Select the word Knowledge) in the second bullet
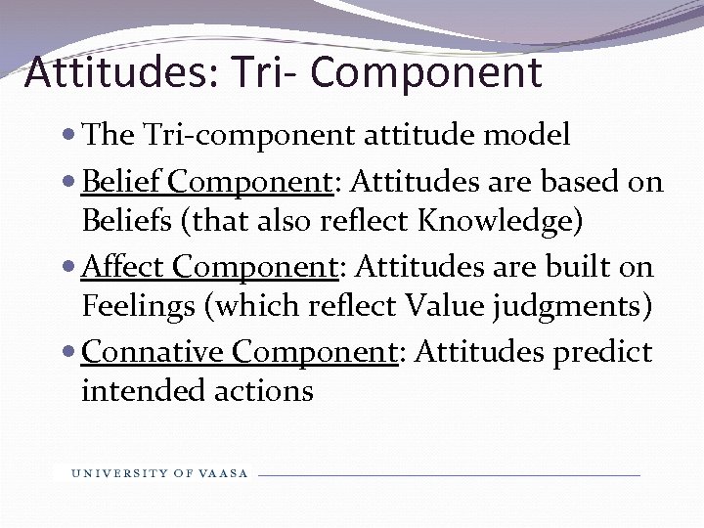pyautogui.click(x=501, y=222)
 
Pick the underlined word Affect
pyautogui.click(x=125, y=266)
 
